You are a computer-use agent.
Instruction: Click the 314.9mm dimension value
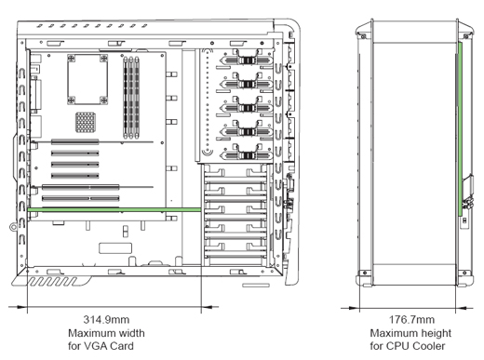(106, 319)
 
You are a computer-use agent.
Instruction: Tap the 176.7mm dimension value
(411, 319)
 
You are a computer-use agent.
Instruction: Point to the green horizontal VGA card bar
(114, 210)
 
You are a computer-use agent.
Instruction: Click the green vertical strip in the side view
(461, 129)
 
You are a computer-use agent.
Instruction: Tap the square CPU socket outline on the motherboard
(87, 79)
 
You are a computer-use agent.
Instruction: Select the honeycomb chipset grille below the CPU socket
(86, 122)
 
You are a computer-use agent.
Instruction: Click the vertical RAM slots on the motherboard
(131, 98)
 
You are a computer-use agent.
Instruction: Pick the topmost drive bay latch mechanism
(248, 60)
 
